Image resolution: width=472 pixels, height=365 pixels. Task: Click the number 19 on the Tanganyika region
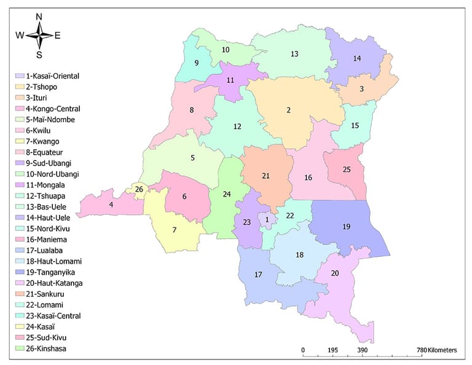pyautogui.click(x=346, y=227)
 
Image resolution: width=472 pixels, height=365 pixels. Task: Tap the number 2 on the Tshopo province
pyautogui.click(x=288, y=111)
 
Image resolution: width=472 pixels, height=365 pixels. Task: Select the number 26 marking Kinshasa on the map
pyautogui.click(x=139, y=189)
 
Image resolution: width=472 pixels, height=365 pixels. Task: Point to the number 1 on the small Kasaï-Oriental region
pyautogui.click(x=267, y=219)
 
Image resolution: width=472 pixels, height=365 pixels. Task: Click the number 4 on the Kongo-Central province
pyautogui.click(x=111, y=205)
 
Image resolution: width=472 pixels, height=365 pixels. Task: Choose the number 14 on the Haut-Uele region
pyautogui.click(x=357, y=58)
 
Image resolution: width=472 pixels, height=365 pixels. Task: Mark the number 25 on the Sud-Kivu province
pyautogui.click(x=347, y=170)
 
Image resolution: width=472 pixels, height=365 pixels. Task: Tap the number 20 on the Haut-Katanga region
pyautogui.click(x=335, y=273)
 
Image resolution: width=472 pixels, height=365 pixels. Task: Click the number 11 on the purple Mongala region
pyautogui.click(x=230, y=80)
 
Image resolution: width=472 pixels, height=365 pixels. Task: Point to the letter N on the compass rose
pyautogui.click(x=39, y=17)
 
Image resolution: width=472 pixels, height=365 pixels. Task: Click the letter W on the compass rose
pyautogui.click(x=20, y=35)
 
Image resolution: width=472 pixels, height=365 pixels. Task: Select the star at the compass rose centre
pyautogui.click(x=39, y=35)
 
